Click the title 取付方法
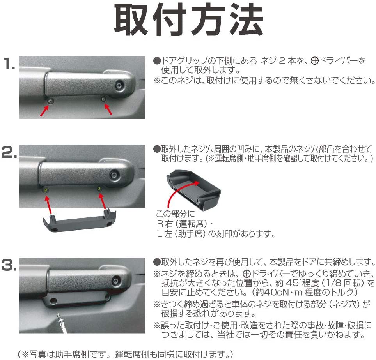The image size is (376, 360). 188,20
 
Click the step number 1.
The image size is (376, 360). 9,64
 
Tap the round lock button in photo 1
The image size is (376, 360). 119,85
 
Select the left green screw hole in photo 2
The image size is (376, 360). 46,190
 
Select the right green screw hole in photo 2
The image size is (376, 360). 99,189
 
